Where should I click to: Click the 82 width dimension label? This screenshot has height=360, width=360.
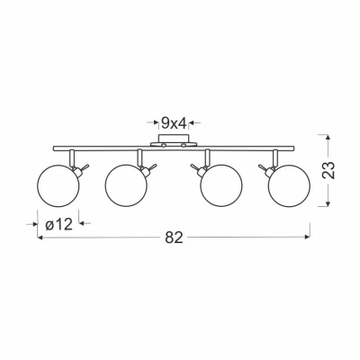coord(174,238)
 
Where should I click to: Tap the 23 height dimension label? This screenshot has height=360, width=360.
coord(328,170)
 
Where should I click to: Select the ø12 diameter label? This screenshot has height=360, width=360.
coord(59,224)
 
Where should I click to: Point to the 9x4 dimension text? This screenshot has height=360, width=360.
coord(174,122)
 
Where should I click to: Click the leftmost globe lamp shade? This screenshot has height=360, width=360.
coord(58,185)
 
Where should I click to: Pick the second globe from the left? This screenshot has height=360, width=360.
coord(126,185)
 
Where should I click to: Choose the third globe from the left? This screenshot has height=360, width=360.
coord(221,185)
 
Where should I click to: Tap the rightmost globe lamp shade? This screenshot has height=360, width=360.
coord(289,185)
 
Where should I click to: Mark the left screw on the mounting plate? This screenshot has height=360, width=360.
coord(164,145)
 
